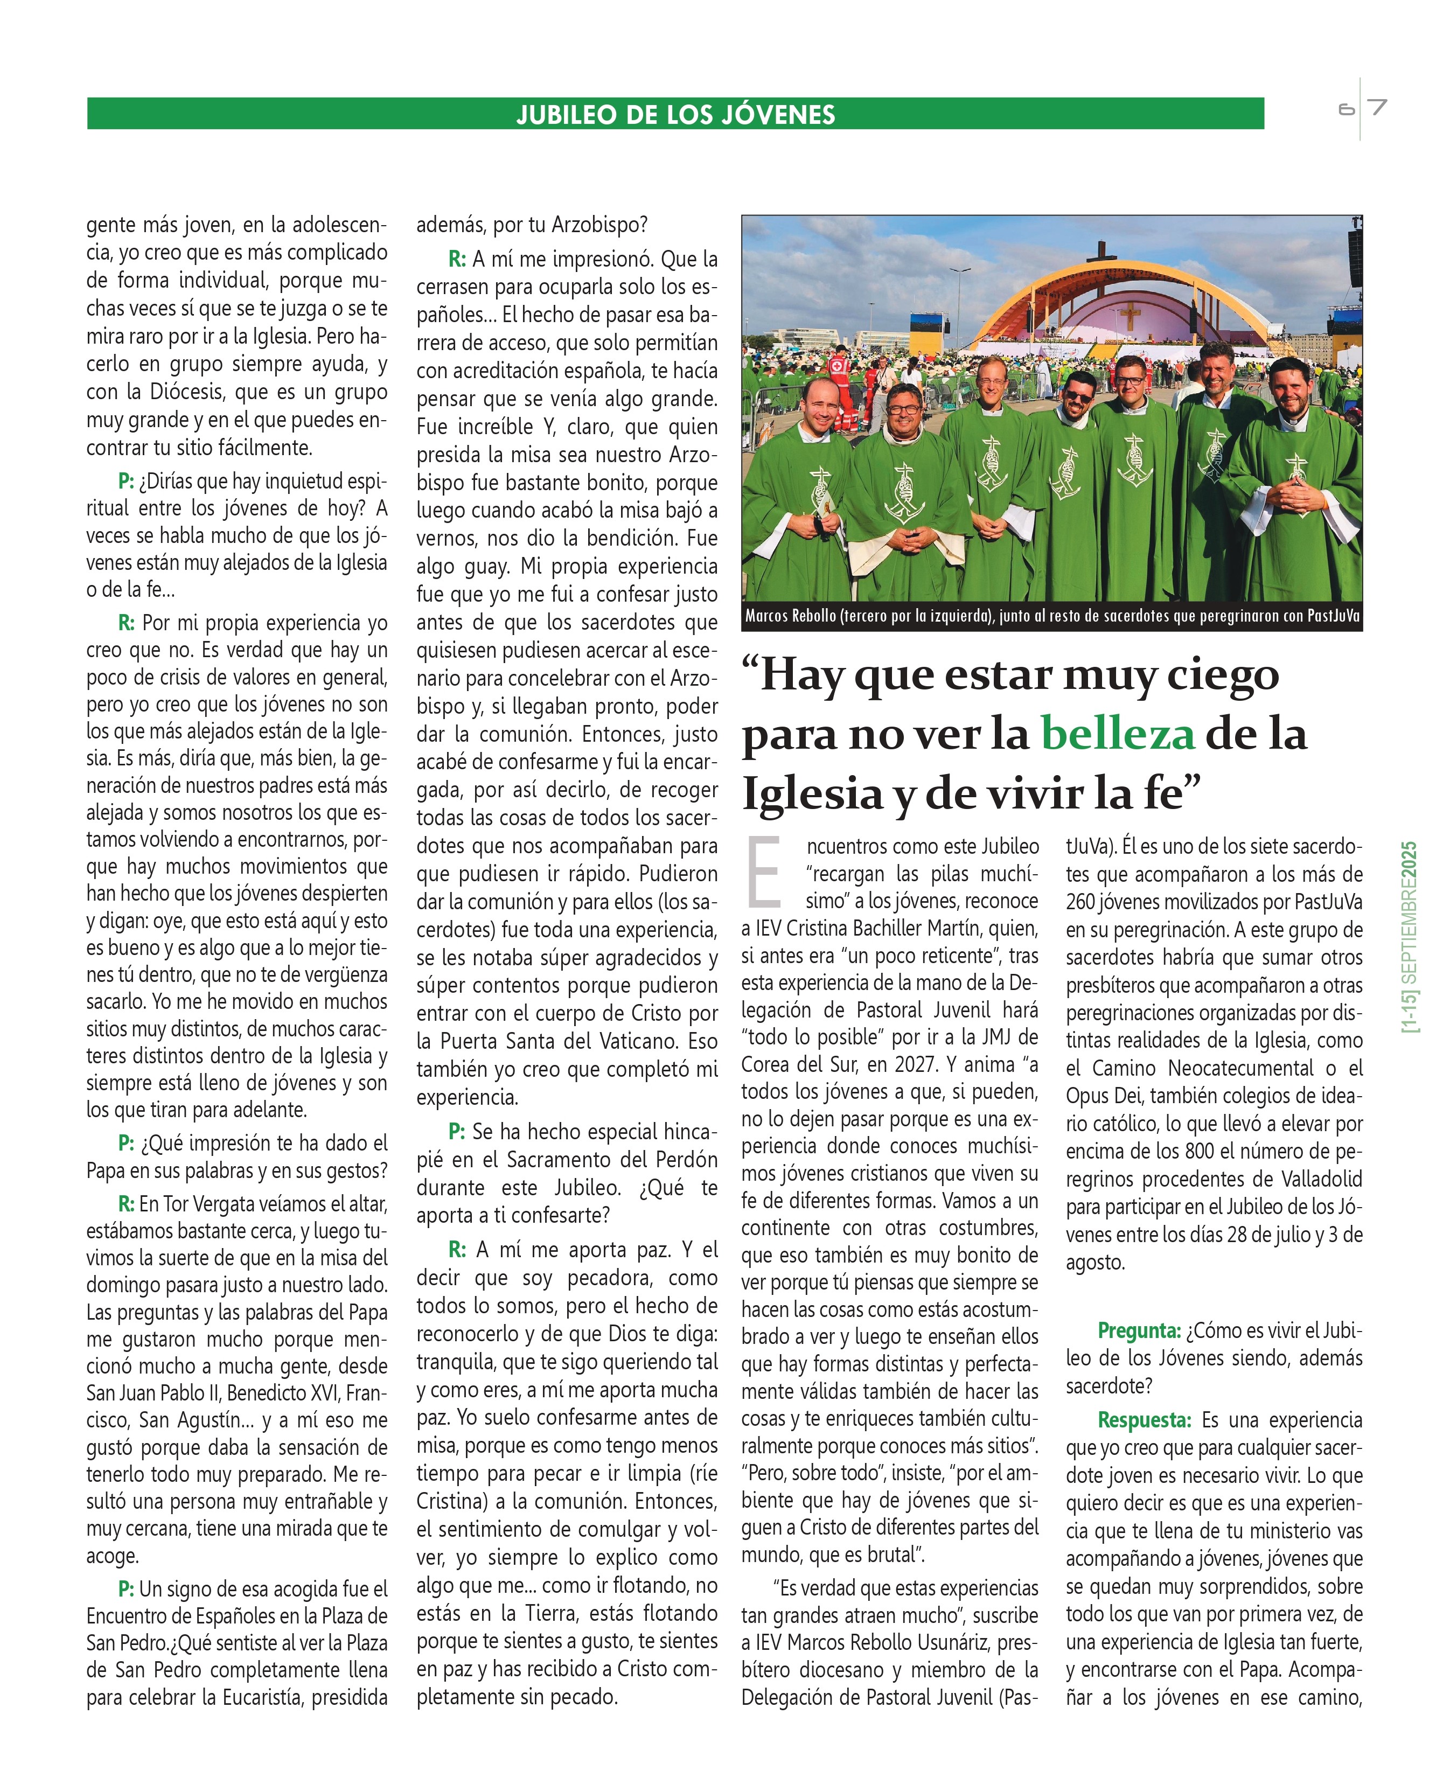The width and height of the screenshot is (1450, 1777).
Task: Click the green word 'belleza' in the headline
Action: click(x=1118, y=735)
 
